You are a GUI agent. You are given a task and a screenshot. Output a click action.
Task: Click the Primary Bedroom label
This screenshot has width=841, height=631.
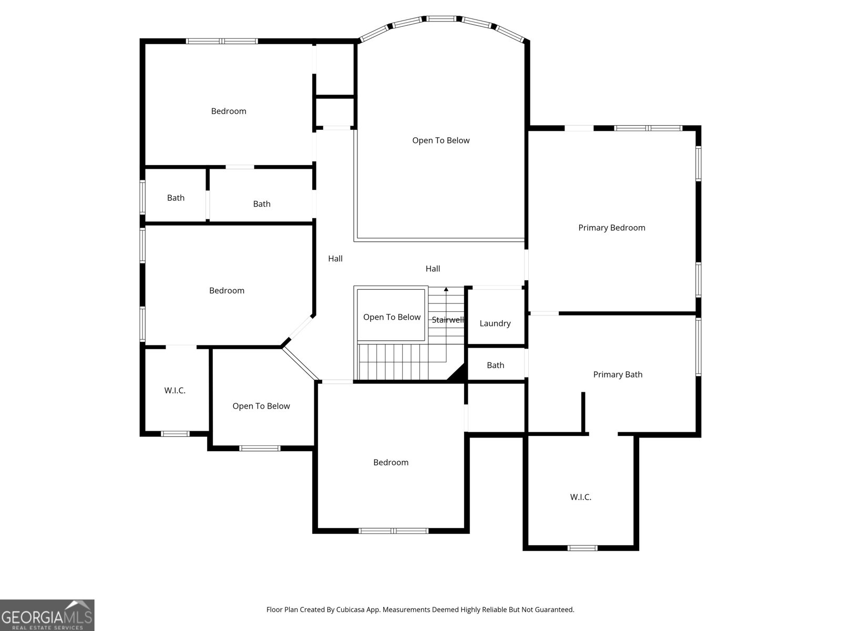point(611,228)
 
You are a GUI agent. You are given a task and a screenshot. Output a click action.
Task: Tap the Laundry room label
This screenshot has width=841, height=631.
point(495,324)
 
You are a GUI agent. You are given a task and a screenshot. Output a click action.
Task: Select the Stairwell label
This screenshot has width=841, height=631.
point(447,320)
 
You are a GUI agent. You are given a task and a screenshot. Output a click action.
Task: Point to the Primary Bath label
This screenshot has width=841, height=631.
point(618,375)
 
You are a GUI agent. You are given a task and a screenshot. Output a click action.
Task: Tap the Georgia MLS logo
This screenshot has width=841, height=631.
point(47,615)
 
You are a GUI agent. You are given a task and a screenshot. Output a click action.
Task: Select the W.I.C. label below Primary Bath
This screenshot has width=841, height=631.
point(580,497)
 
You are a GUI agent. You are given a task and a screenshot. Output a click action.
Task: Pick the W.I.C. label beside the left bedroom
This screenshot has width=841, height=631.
point(175,391)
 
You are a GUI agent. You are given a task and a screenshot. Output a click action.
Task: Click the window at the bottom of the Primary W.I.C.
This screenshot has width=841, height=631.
point(582,548)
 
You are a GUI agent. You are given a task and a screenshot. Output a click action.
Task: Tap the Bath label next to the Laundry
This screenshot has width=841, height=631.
point(496,365)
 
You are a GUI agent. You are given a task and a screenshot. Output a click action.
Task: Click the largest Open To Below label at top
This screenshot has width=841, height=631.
point(440,140)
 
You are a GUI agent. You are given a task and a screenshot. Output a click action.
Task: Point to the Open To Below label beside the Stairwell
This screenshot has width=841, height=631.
point(392,317)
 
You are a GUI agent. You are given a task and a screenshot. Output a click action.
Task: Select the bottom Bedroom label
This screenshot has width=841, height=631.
point(391,462)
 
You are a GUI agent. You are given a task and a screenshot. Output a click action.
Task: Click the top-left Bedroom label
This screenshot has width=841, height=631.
point(229,111)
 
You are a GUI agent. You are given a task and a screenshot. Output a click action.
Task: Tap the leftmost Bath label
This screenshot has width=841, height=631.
point(176,198)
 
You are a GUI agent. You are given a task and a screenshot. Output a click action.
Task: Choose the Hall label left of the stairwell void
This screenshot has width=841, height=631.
point(335,259)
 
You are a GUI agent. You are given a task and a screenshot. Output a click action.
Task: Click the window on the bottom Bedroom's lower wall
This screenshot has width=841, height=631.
point(394,531)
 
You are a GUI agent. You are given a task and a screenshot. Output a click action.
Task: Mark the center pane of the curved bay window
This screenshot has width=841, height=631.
point(442,19)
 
